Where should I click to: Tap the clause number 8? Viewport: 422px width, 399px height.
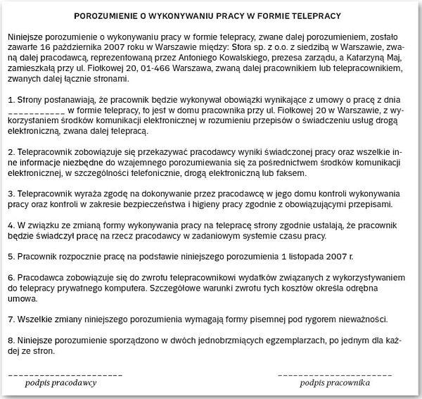click(10, 338)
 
